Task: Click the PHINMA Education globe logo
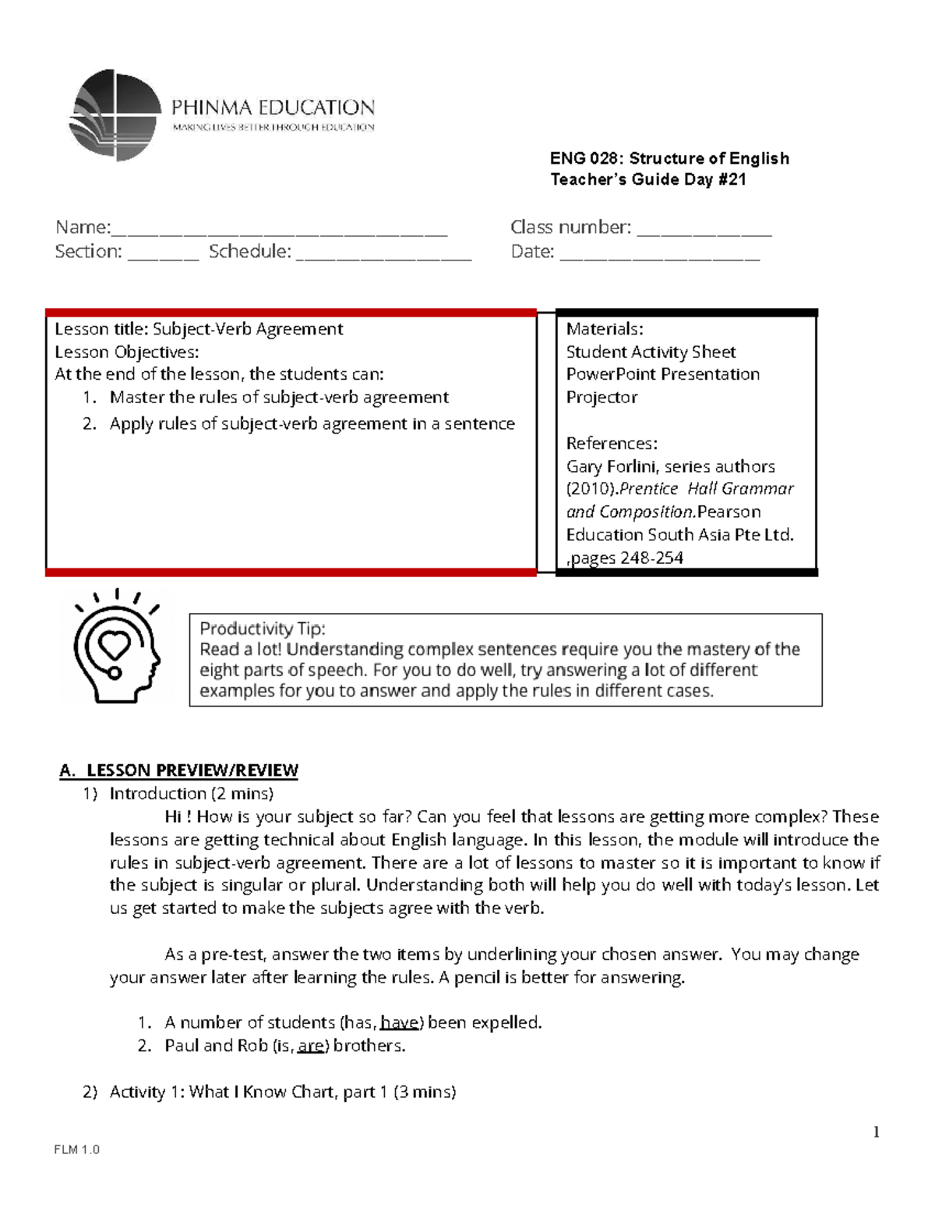pos(114,115)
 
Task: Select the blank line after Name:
pos(280,232)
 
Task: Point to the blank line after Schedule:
pos(383,256)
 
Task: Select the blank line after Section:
pos(164,256)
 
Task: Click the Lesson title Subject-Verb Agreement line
pos(199,329)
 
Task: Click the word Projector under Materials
pos(602,398)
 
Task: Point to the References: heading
pos(612,444)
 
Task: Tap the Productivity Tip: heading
pos(263,629)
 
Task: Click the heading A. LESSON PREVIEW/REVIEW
pos(179,770)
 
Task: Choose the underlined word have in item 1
pos(400,1022)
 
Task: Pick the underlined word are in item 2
pos(311,1046)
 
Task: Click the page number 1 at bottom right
pos(877,1132)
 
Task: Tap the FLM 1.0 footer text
pos(76,1150)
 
